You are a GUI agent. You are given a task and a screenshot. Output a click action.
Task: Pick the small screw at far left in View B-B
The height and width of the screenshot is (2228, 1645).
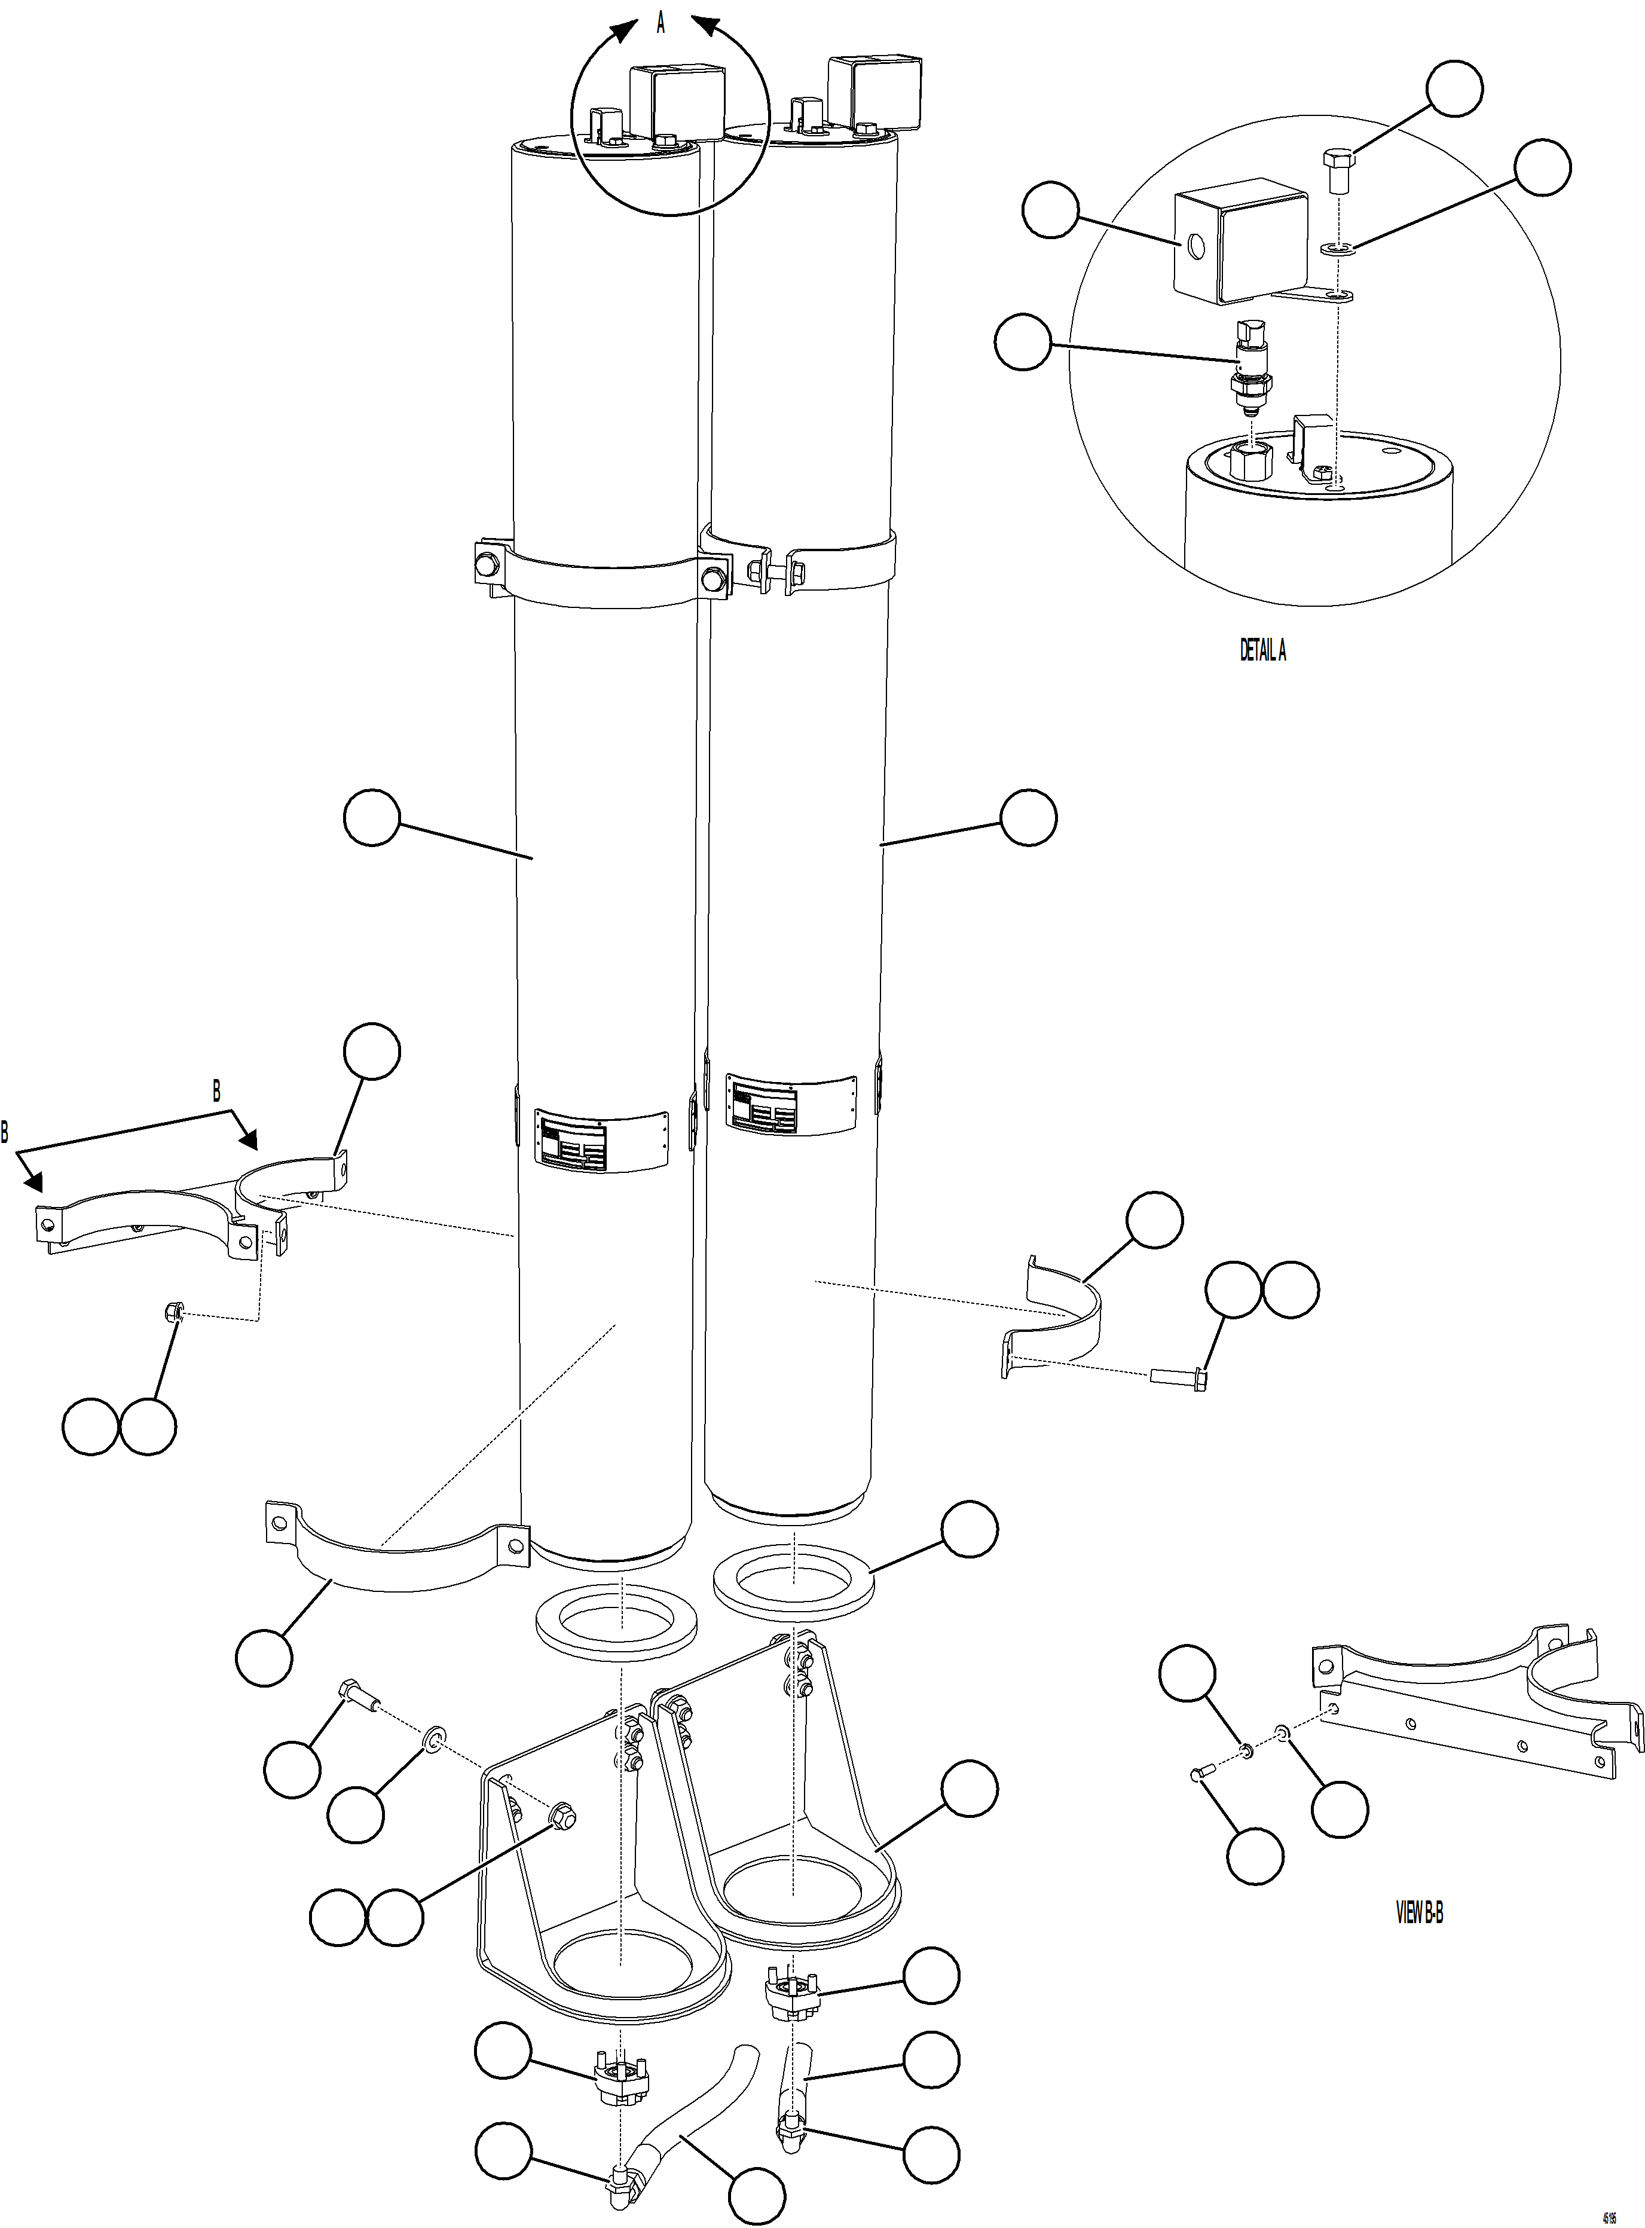pos(1199,1772)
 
